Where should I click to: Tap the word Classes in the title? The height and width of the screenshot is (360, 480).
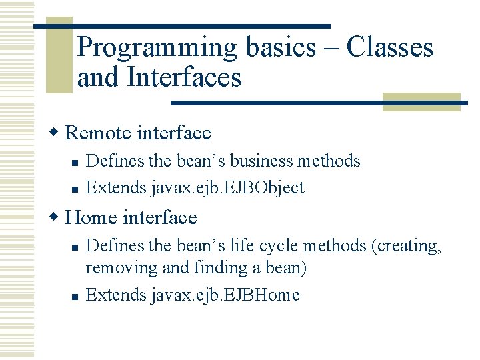(x=390, y=48)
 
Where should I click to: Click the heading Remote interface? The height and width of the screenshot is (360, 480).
(x=138, y=133)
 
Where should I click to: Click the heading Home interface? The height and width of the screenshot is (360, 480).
(x=131, y=217)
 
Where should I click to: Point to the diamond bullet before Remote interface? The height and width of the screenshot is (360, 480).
(x=58, y=133)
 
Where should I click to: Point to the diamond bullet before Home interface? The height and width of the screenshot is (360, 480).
(x=58, y=217)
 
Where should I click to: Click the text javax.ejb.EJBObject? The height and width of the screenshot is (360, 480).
(x=228, y=188)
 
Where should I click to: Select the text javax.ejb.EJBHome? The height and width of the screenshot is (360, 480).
(x=226, y=295)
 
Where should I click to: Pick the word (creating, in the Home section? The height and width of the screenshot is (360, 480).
(x=408, y=246)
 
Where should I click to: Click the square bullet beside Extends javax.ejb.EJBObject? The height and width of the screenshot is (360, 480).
(x=75, y=189)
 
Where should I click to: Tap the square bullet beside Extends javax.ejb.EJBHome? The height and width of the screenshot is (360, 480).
(x=75, y=296)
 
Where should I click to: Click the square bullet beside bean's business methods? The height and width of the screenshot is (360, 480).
(x=75, y=162)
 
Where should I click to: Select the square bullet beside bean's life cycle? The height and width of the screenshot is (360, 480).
(x=75, y=247)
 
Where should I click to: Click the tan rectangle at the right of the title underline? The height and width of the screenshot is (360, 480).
(x=421, y=102)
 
